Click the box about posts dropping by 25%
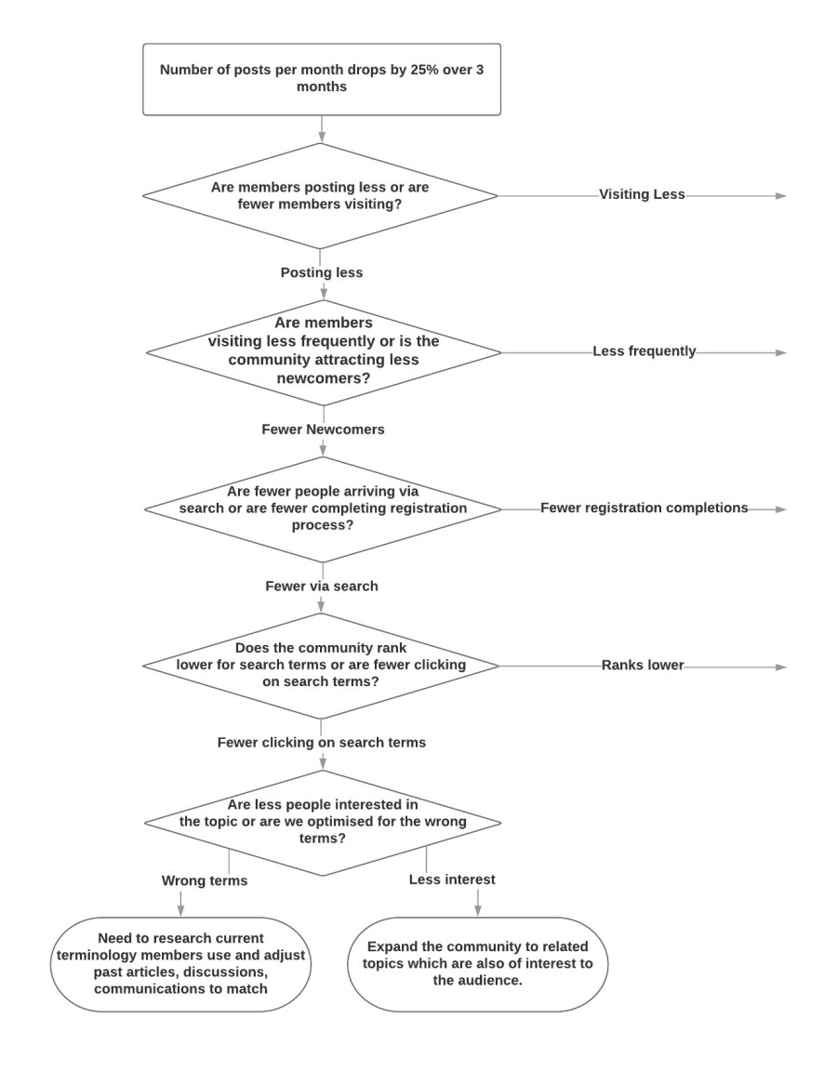coord(322,79)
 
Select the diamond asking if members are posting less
coord(320,196)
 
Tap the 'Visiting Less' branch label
coord(642,194)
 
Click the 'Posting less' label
coord(322,272)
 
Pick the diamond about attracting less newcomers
coord(324,353)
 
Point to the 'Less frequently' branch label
coord(644,350)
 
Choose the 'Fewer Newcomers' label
coord(323,429)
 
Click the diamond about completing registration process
coord(323,509)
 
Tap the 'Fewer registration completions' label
coord(644,508)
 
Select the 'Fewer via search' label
coord(322,587)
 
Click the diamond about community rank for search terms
coord(321,666)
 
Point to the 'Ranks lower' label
coord(643,665)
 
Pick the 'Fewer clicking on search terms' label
coord(322,743)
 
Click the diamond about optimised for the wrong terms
coord(323,823)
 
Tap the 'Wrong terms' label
coord(204,881)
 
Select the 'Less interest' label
coord(452,879)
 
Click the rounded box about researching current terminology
coord(181,964)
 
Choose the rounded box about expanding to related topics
coord(478,964)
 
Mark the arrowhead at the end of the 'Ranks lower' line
coord(782,667)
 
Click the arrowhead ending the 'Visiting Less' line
coord(782,196)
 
